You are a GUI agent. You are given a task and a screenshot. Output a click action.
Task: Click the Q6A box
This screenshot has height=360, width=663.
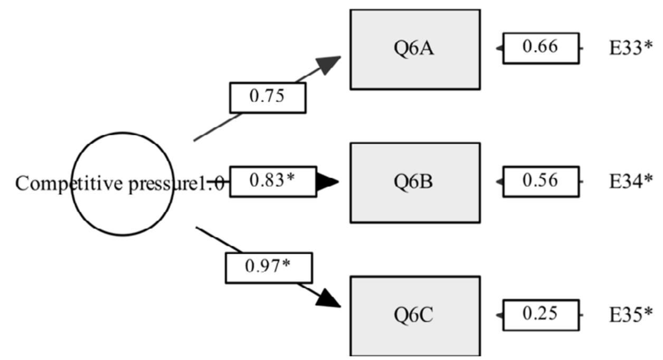click(415, 49)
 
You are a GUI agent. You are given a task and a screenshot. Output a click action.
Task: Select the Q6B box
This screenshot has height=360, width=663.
click(415, 182)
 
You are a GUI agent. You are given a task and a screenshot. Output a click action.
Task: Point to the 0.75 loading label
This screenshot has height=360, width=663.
click(267, 98)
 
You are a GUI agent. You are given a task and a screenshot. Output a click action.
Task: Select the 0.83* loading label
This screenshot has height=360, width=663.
click(273, 182)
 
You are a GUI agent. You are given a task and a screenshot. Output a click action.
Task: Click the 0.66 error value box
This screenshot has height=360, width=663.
click(541, 48)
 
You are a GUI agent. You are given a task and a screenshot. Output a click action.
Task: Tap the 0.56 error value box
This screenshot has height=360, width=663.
click(541, 182)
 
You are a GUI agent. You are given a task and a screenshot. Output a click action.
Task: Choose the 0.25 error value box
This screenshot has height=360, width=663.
click(541, 315)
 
